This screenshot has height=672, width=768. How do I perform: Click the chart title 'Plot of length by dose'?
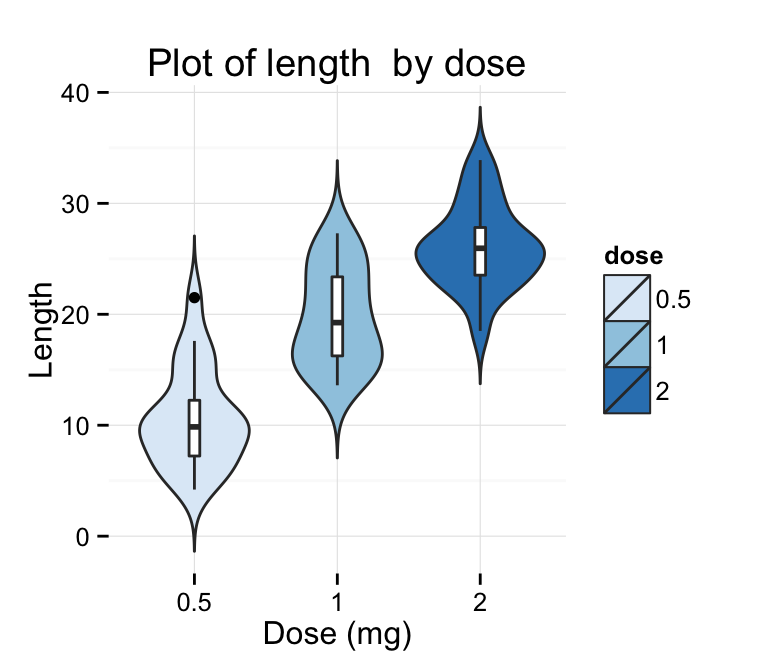[336, 63]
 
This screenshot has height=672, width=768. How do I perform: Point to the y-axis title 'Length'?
[41, 329]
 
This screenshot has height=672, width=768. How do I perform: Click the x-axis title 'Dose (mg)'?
[337, 634]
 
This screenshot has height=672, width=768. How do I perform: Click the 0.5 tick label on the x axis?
[194, 605]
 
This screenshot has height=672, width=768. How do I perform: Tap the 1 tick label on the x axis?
[337, 605]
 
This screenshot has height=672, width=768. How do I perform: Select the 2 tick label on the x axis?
[481, 605]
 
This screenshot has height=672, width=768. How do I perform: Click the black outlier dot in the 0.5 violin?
[194, 297]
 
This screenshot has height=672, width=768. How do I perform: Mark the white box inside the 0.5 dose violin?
[194, 428]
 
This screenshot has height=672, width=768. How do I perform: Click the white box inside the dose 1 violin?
[337, 315]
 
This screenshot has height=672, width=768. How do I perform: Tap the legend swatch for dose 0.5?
[627, 297]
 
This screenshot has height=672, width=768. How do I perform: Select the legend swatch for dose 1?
[627, 343]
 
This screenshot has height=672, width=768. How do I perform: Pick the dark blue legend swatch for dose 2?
[627, 390]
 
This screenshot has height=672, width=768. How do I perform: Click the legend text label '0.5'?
[673, 298]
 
